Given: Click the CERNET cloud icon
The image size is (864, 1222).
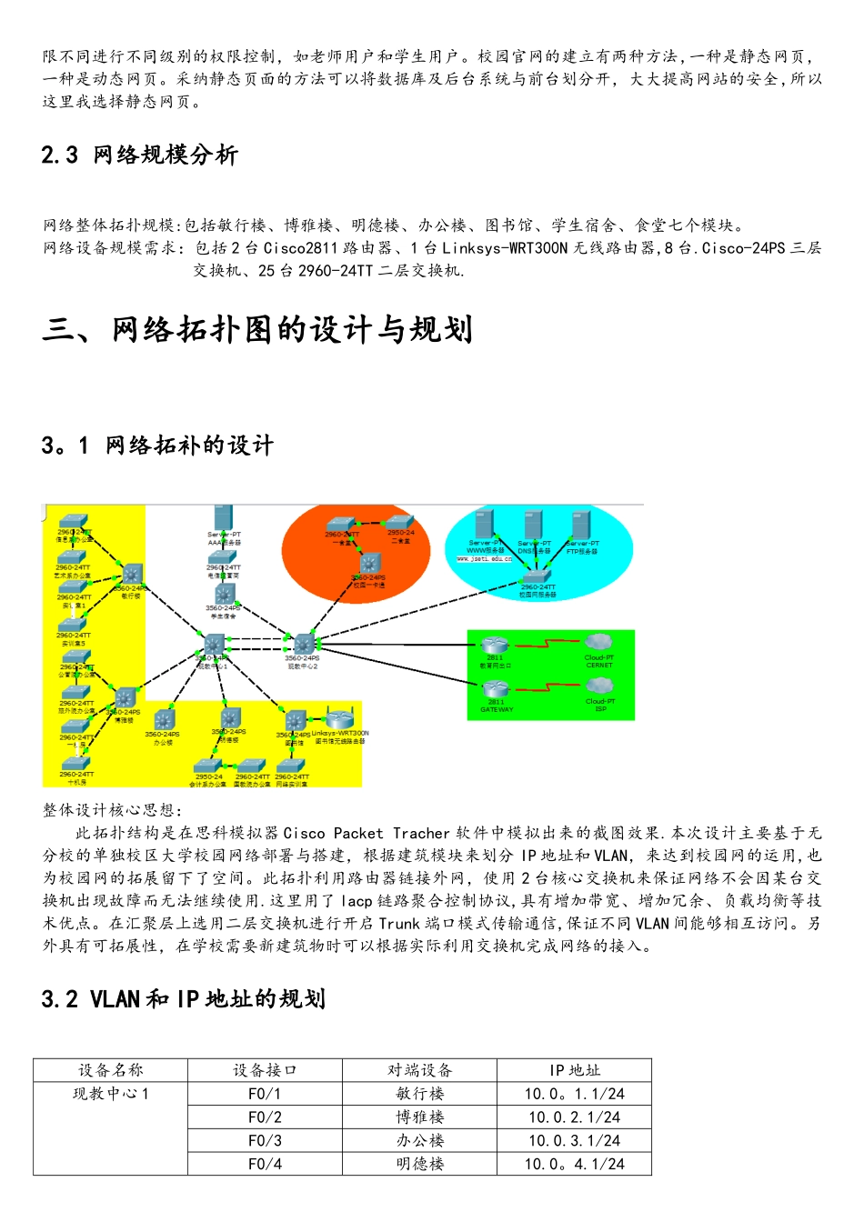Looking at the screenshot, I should click(598, 643).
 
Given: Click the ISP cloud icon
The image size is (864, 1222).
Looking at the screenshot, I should click(599, 686).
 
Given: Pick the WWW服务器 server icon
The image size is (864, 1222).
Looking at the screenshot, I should click(484, 525).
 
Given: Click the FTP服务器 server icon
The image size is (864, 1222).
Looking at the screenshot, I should click(581, 525).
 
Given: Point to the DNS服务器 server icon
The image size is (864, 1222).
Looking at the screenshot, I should click(533, 525).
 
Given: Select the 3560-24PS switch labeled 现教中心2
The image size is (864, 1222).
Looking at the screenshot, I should click(302, 644).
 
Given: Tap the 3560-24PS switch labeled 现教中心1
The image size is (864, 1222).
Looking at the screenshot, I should click(215, 645).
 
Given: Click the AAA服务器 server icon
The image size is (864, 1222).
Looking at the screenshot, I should click(223, 517).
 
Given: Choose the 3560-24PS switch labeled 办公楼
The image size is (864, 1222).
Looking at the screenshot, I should click(163, 718).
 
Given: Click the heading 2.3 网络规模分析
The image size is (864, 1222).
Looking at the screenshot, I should click(139, 155).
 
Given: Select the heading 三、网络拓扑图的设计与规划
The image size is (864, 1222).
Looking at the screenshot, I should click(257, 330).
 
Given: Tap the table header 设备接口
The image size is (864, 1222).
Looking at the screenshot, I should click(265, 1070).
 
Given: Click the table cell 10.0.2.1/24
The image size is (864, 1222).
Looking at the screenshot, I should click(574, 1117).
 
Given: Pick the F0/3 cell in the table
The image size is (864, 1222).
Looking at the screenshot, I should click(265, 1140).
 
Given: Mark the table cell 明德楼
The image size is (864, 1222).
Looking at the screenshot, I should click(419, 1164).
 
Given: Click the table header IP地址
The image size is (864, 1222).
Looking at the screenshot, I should click(574, 1070).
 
